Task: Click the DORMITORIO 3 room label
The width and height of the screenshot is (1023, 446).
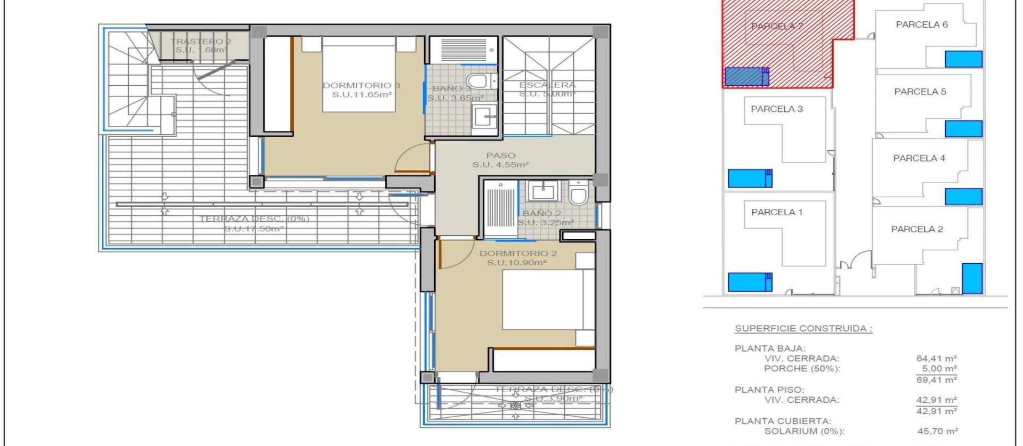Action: tap(361, 85)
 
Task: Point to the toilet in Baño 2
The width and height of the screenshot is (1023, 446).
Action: tap(578, 194)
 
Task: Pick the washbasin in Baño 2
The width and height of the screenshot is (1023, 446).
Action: tap(542, 190)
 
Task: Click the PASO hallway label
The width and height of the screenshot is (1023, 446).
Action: tap(500, 156)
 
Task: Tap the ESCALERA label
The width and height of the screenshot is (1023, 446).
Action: tap(547, 85)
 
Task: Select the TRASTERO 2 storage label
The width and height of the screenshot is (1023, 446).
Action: tap(200, 42)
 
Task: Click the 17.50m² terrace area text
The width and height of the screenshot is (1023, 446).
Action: tap(254, 229)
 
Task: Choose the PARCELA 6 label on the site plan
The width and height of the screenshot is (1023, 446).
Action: tap(922, 25)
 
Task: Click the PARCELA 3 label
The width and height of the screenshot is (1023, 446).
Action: tap(776, 109)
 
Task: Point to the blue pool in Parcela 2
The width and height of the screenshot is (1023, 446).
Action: tap(972, 278)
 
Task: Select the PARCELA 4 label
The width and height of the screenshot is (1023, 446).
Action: tap(919, 158)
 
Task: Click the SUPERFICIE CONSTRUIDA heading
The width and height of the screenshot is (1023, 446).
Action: tap(803, 329)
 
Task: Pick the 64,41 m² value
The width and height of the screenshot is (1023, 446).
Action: tap(936, 359)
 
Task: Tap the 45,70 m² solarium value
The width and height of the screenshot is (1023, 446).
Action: tap(936, 431)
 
